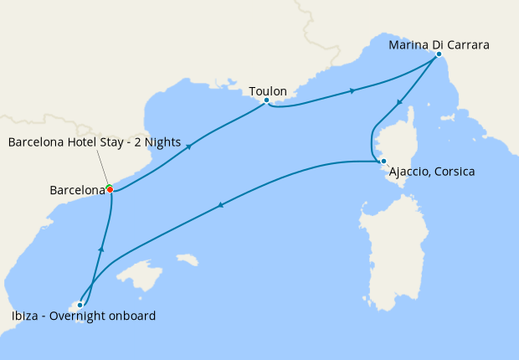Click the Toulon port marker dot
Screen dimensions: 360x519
[x=266, y=100]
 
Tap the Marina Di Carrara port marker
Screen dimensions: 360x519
[x=439, y=54]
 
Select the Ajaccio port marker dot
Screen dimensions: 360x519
[x=383, y=161]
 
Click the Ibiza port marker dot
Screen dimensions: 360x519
[x=80, y=305]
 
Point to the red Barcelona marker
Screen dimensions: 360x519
[x=110, y=190]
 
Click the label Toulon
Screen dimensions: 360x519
[x=268, y=90]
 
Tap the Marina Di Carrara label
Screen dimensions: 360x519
[x=439, y=44]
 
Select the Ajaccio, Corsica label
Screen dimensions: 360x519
[x=431, y=172]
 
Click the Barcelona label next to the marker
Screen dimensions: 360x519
[x=75, y=191]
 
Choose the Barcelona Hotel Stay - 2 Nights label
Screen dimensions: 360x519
[x=94, y=142]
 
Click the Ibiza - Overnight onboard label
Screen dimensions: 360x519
[x=83, y=316]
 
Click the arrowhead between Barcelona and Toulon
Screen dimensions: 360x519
[x=189, y=146]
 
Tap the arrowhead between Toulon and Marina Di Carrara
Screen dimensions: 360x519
[x=352, y=90]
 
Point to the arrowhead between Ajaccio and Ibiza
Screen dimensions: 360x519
[x=221, y=204]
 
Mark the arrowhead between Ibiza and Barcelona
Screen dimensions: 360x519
[x=100, y=249]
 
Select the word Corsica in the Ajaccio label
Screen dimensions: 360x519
[x=452, y=172]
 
